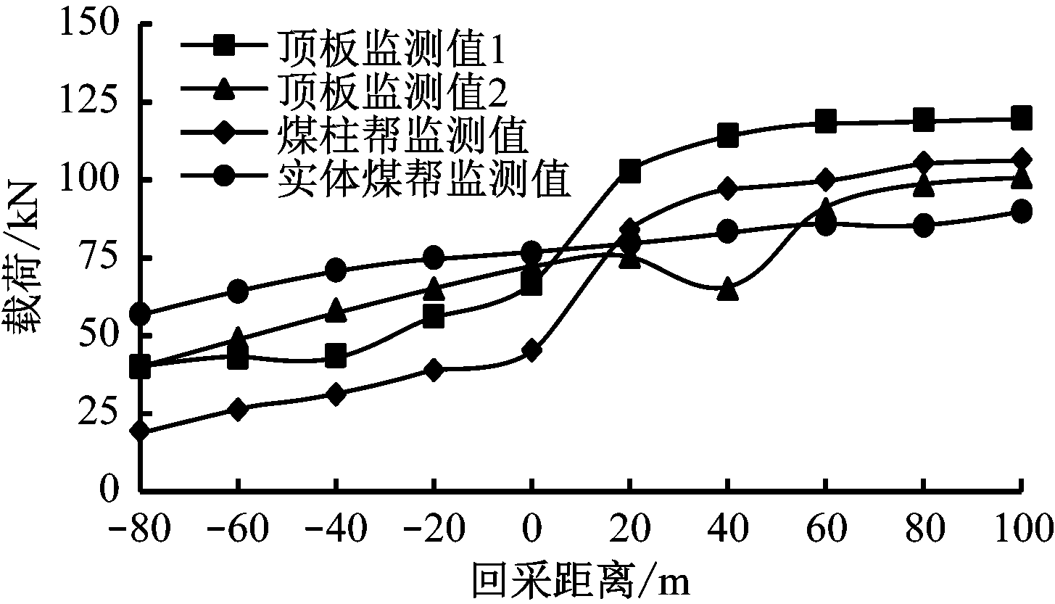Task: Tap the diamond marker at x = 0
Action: tap(531, 352)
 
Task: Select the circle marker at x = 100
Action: tap(1021, 212)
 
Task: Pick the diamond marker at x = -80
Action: tap(140, 431)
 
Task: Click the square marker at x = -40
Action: tap(336, 356)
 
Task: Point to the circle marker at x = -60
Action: tap(238, 291)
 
